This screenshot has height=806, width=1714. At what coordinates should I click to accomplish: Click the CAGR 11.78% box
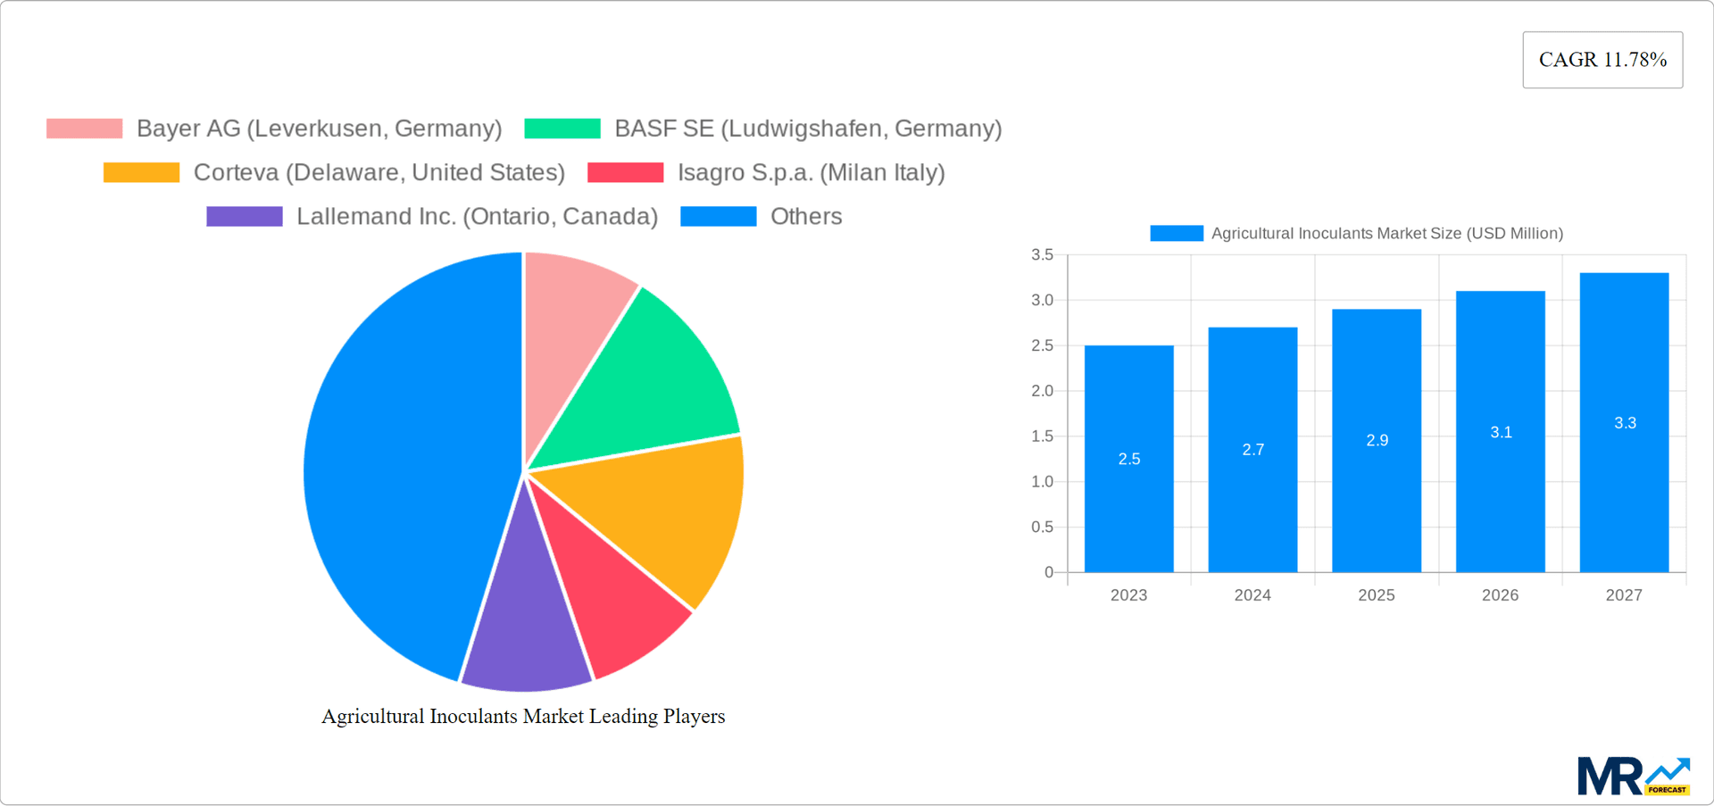(1602, 60)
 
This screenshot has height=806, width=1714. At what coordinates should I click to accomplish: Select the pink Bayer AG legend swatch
(84, 129)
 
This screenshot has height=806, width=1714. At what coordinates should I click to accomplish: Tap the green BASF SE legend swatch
(562, 129)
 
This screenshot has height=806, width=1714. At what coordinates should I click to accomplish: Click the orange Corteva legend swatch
(141, 172)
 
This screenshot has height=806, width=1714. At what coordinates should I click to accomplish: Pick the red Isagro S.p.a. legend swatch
(625, 172)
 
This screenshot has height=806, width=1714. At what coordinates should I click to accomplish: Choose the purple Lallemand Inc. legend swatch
(244, 216)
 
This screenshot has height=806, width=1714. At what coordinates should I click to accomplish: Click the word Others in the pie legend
(806, 216)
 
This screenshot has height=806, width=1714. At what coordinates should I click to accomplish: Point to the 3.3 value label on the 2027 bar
(1625, 423)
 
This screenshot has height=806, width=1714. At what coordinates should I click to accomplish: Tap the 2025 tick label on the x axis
(1376, 595)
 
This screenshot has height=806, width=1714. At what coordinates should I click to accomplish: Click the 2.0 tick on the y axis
(1042, 391)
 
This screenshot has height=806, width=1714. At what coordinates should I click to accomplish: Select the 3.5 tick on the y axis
(1042, 255)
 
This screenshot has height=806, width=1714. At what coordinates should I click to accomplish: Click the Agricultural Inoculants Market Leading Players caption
(523, 716)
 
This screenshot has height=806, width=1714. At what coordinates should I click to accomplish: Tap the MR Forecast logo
(1633, 777)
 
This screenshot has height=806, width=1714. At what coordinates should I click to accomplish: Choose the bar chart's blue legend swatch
(1176, 233)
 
